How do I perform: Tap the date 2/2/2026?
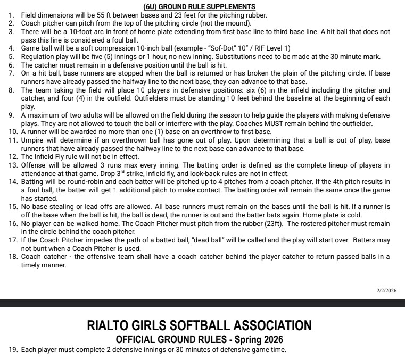coord(386,291)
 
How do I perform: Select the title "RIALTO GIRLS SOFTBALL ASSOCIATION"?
coord(199,325)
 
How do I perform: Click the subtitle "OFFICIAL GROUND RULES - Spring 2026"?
coord(199,339)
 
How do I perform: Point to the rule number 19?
coord(13,349)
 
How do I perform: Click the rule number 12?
coord(13,157)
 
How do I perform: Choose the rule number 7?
coord(12,73)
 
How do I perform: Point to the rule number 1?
coord(12,15)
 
